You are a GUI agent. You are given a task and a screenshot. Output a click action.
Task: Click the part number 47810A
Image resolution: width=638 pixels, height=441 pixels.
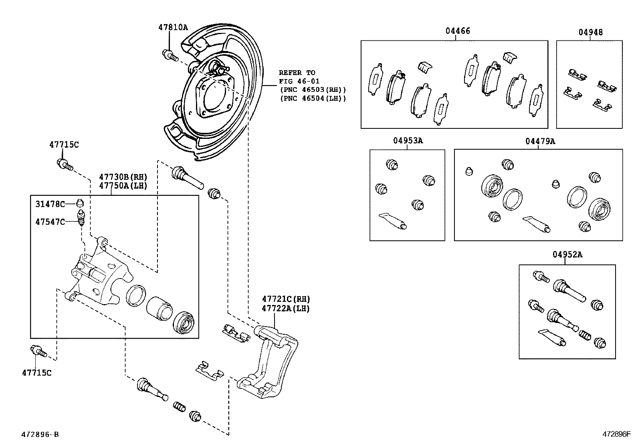[x=173, y=27]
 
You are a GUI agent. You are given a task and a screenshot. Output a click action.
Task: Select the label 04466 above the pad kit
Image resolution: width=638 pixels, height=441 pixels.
[x=458, y=31]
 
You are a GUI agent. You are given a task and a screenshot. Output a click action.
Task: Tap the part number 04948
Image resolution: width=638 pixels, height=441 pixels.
[x=590, y=32]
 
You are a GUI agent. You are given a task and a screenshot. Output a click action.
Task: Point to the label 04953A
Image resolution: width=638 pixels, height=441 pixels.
[x=408, y=140]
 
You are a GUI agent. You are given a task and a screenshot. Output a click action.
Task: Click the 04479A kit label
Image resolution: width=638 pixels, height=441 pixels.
[x=540, y=141]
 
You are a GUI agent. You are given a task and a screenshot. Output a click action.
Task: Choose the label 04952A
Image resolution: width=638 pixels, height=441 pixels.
[x=567, y=254]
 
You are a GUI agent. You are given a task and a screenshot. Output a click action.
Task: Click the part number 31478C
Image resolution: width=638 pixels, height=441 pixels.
[x=50, y=204]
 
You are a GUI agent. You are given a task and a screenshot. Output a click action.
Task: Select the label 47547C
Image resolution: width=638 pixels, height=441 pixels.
[x=50, y=222]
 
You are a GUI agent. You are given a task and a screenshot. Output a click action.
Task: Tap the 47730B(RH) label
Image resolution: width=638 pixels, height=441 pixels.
[x=123, y=177]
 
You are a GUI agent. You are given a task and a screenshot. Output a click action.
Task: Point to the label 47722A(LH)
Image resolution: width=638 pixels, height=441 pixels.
[x=286, y=308]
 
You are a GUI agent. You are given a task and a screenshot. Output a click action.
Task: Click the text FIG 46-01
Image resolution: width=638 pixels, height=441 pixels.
[x=299, y=81]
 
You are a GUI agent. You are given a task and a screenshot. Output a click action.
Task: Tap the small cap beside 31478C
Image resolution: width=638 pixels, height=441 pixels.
[x=80, y=202]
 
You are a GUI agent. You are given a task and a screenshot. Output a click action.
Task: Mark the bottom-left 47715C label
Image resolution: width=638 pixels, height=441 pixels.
[x=36, y=373]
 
